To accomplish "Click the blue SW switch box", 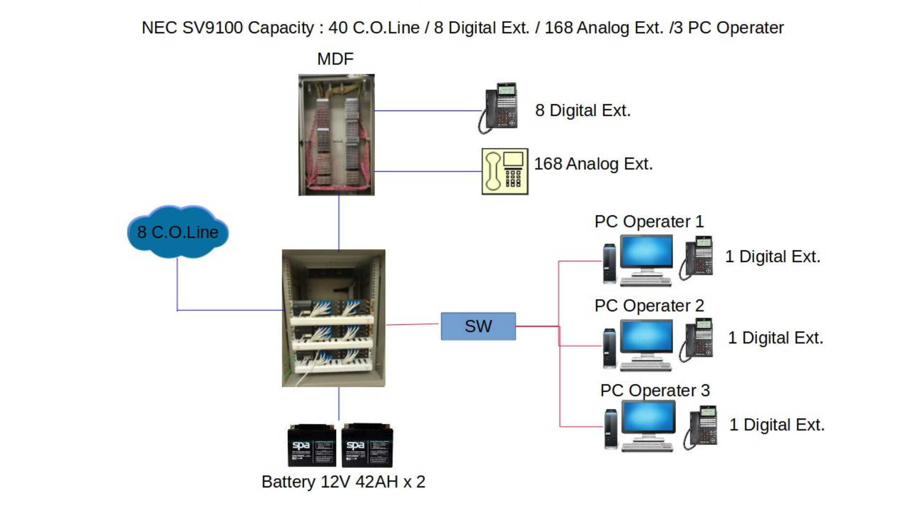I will click(478, 326).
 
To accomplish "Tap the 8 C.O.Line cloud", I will click(178, 232).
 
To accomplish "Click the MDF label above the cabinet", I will click(335, 59).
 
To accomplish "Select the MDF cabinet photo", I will click(336, 135).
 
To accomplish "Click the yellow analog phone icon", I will click(505, 171).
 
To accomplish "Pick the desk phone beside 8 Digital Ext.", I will click(499, 108).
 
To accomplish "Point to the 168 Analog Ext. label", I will click(593, 164).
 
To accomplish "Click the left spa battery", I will click(312, 445).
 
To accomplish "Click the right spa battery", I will click(367, 445).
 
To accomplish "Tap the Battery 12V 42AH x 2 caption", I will click(343, 482).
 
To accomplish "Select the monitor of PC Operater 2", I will click(646, 338).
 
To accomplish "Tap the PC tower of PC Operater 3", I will click(611, 428).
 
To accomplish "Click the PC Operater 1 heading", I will click(649, 222).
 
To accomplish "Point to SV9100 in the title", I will click(212, 28).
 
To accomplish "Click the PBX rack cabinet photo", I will click(334, 318).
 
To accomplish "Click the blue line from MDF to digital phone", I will click(428, 111).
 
